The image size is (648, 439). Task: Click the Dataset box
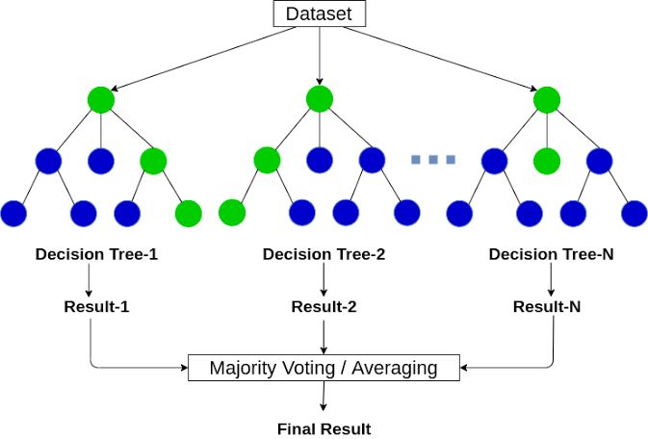[x=319, y=14]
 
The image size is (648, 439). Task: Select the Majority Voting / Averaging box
[x=324, y=368]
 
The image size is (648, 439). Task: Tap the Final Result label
[x=324, y=428]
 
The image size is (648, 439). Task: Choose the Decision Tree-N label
[x=550, y=255]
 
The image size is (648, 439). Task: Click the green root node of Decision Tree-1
[x=100, y=99]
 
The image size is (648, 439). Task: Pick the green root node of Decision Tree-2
[x=319, y=99]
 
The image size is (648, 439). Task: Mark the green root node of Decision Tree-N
[x=547, y=99]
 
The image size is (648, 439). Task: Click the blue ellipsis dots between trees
[x=432, y=159]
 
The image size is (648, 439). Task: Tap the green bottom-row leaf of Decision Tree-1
[x=188, y=213]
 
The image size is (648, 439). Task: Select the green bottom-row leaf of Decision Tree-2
[x=232, y=213]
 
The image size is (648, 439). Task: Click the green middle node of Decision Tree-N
[x=547, y=160]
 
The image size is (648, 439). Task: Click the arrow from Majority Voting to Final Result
[x=324, y=398]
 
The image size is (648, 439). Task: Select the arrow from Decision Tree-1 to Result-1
[x=89, y=280]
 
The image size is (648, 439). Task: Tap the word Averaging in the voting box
[x=392, y=368]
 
